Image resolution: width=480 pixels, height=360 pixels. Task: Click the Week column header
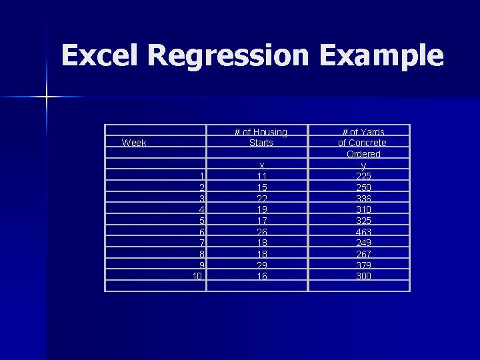(134, 143)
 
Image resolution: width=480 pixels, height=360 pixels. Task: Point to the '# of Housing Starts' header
(261, 137)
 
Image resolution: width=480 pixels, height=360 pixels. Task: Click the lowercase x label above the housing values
(262, 165)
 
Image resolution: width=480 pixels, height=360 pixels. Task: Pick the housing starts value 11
(262, 176)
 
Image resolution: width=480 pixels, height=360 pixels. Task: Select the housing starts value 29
(262, 265)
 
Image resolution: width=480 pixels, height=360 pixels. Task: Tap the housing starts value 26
(262, 231)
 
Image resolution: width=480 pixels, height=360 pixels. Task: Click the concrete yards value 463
(363, 231)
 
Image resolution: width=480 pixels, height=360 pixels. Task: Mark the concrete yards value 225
(363, 176)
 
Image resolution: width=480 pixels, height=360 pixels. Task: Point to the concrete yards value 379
(363, 265)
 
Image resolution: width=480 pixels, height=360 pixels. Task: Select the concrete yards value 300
(363, 276)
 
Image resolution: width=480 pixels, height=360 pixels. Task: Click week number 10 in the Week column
(198, 276)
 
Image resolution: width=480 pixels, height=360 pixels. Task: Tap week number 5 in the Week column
(201, 221)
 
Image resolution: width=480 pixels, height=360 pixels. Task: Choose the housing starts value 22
(262, 199)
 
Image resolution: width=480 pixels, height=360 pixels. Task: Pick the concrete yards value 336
(363, 199)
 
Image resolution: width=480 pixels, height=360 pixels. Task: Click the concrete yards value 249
(363, 243)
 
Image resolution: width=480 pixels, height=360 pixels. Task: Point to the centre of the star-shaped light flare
(47, 97)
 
